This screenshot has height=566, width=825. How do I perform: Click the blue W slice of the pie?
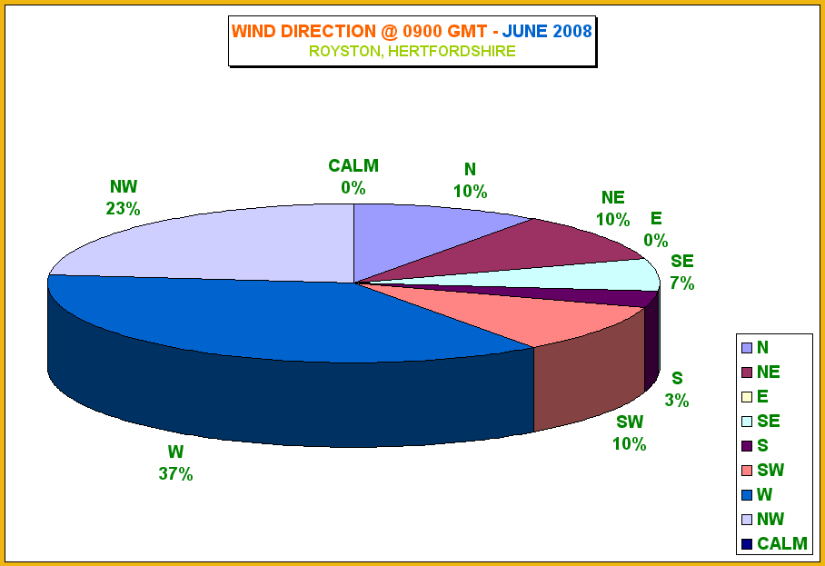coord(263,321)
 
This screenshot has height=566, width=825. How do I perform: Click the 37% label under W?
coord(175,474)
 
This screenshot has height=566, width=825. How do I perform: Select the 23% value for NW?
coord(124,209)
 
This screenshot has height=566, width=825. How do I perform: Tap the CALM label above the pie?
coord(353,165)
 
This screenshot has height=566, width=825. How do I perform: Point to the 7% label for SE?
coord(681,283)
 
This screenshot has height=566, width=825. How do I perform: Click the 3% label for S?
coord(677,401)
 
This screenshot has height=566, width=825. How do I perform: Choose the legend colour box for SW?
coord(747,471)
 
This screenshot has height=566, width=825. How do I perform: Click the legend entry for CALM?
coord(774,543)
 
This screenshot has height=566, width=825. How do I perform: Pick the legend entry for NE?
coord(760,372)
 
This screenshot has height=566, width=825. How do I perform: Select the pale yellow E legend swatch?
coord(747,397)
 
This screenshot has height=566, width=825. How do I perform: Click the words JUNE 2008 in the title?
coord(547,32)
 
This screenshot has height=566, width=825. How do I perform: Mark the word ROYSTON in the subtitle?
coord(344,52)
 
